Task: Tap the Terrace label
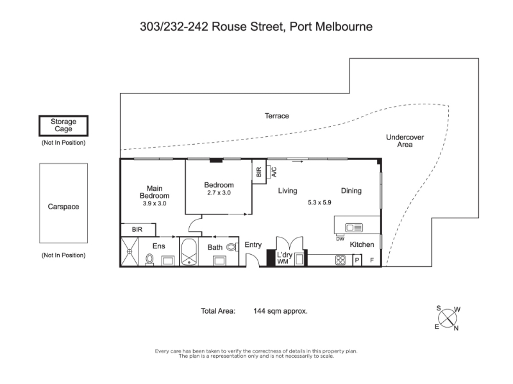[x=277, y=116]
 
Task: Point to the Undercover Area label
[x=405, y=141]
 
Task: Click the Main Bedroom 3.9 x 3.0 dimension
[x=155, y=204]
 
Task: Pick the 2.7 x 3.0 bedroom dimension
[x=219, y=193]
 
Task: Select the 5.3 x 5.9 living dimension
[x=319, y=202]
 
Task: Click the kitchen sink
[x=354, y=227]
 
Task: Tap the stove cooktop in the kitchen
[x=341, y=260]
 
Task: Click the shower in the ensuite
[x=130, y=252]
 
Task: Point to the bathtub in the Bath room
[x=189, y=252]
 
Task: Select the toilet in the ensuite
[x=149, y=260]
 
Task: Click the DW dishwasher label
[x=341, y=239]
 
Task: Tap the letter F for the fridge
[x=372, y=260]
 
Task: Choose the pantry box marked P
[x=357, y=260]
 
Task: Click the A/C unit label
[x=274, y=172]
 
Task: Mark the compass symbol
[x=448, y=318]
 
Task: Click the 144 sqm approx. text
[x=280, y=311]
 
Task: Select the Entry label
[x=253, y=245]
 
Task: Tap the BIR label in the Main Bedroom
[x=137, y=230]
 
